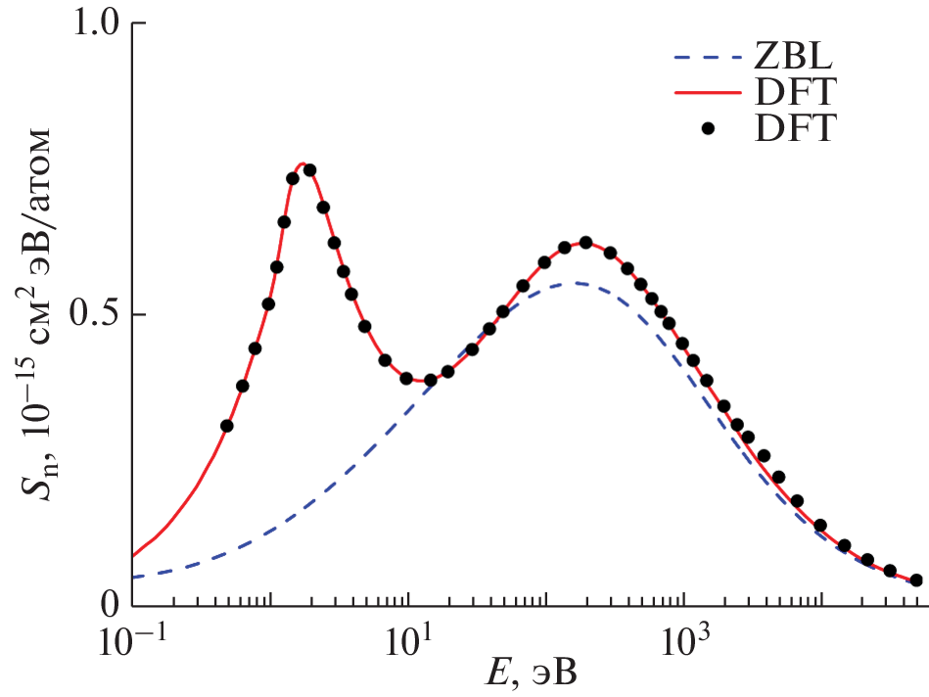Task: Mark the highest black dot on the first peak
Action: tap(309, 169)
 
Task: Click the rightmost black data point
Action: tap(916, 581)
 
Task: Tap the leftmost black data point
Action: tap(226, 426)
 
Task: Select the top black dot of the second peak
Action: tap(585, 243)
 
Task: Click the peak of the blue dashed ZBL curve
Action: tap(578, 283)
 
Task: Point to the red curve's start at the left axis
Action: tap(132, 556)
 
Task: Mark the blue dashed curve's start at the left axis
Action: tap(132, 578)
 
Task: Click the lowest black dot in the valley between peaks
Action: tap(430, 380)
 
